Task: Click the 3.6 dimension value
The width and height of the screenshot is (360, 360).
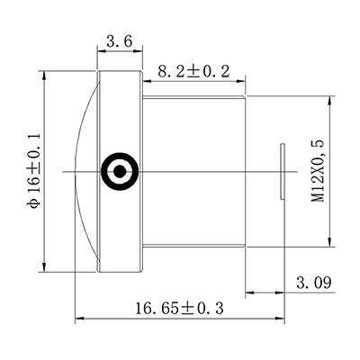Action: (119, 41)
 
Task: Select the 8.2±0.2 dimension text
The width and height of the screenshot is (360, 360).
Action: (193, 71)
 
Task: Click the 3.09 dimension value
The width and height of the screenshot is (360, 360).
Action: (314, 283)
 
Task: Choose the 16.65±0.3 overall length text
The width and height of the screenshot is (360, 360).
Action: (178, 309)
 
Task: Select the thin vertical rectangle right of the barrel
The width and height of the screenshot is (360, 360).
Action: (282, 170)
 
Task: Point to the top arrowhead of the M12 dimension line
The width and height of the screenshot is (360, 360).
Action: (335, 99)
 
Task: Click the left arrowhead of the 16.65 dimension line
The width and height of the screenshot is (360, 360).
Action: (78, 317)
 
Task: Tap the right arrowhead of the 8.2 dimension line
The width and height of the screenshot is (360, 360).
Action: (243, 79)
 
